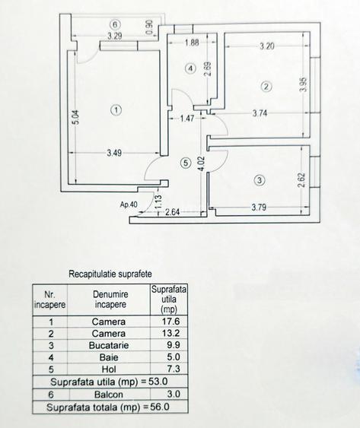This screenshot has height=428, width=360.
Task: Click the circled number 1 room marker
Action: tap(116, 110)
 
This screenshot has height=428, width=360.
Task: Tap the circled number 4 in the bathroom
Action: tap(190, 68)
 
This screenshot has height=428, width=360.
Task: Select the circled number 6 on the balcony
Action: tap(115, 24)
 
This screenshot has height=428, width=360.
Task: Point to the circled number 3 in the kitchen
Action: tap(260, 180)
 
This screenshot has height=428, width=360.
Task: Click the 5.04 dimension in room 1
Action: tap(76, 117)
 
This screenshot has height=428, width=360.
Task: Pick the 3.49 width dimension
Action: tap(114, 153)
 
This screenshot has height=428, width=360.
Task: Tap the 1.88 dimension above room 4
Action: tap(192, 43)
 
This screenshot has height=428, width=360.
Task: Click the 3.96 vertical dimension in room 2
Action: tap(304, 84)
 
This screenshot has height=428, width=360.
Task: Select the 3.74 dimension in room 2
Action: tap(260, 113)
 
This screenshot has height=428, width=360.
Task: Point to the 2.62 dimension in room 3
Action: tap(301, 179)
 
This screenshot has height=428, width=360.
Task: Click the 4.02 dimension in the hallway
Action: tap(202, 163)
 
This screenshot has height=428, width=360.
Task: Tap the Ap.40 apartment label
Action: tap(129, 204)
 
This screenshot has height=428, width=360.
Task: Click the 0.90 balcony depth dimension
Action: tap(149, 28)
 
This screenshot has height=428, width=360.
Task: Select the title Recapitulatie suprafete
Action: tap(110, 274)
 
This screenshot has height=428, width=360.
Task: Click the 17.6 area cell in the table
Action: tap(170, 322)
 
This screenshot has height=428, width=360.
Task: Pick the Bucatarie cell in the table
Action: tap(109, 345)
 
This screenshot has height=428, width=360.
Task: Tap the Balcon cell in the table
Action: tap(109, 395)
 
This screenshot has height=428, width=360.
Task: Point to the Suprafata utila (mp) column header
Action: tap(169, 300)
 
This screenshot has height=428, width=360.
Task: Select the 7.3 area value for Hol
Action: tap(174, 369)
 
